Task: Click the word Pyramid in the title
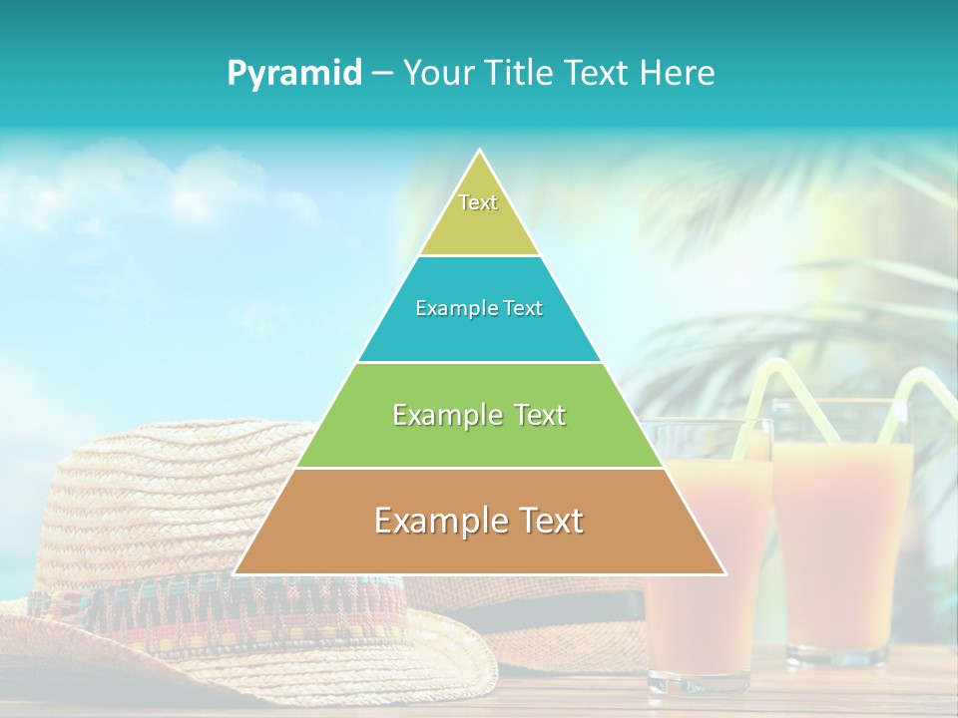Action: (294, 74)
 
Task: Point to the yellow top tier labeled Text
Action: (479, 214)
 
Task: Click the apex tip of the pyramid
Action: (480, 152)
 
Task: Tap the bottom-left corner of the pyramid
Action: (237, 573)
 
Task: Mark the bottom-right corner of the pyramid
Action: (723, 573)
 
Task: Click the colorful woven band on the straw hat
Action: (200, 608)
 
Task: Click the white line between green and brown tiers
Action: (479, 468)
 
